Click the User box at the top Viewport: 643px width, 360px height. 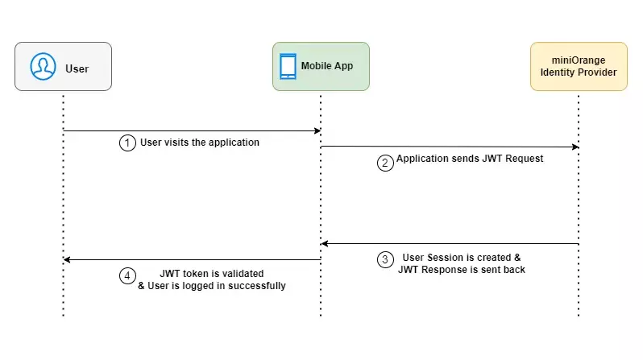[63, 66]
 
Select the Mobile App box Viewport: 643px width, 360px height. [321, 66]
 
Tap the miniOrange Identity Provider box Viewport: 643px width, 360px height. [578, 66]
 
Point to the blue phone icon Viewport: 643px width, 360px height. [288, 66]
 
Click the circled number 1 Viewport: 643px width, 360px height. [127, 143]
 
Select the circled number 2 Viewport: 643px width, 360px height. [385, 161]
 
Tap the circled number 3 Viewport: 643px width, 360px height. [385, 259]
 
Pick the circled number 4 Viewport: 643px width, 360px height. [127, 275]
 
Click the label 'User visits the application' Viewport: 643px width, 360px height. [200, 143]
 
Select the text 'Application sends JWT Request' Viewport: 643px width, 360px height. [470, 159]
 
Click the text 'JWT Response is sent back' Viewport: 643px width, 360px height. [462, 270]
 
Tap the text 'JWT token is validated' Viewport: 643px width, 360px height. [212, 273]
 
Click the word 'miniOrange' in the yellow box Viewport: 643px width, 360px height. [578, 60]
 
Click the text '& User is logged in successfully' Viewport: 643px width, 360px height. [212, 285]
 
